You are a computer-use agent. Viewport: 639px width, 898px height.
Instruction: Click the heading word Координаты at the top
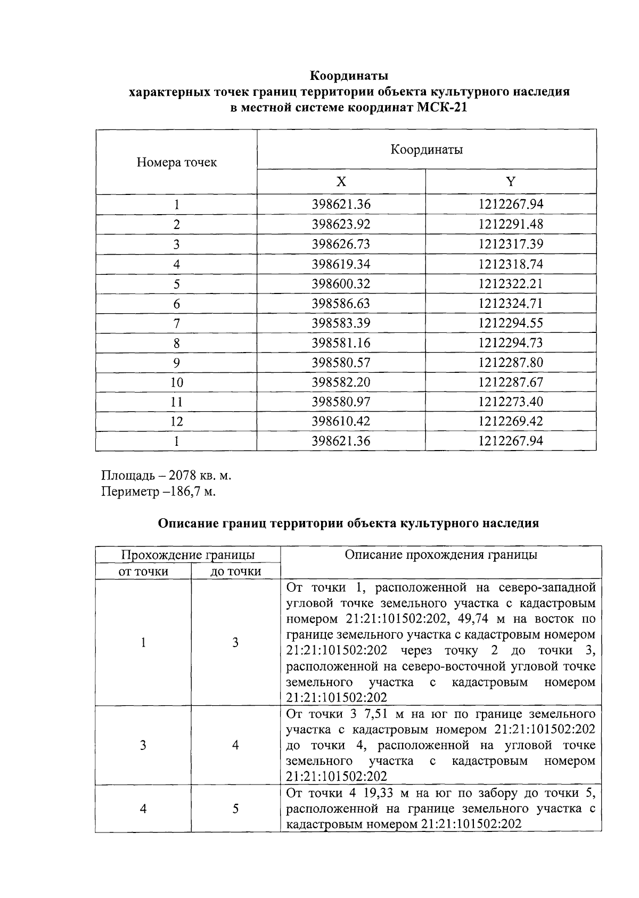click(x=349, y=75)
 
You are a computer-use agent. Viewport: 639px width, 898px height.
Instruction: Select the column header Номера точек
click(x=176, y=162)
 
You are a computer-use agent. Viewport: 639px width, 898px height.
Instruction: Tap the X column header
click(x=341, y=182)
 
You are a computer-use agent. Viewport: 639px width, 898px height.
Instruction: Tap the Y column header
click(x=510, y=182)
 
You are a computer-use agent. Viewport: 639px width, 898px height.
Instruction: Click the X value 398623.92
click(x=341, y=224)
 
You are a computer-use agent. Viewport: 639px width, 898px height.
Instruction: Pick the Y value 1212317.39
click(x=510, y=244)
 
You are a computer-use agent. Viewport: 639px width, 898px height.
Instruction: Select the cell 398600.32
click(x=341, y=284)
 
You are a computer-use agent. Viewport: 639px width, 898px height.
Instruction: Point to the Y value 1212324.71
click(x=510, y=304)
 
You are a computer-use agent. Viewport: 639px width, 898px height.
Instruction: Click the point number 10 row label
click(x=176, y=382)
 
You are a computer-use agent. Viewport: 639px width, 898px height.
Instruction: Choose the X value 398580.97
click(x=341, y=402)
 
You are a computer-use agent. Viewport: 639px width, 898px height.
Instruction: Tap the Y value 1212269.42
click(x=510, y=421)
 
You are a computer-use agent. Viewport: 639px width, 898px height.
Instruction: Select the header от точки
click(x=143, y=572)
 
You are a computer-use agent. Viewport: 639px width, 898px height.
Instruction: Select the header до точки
click(x=235, y=572)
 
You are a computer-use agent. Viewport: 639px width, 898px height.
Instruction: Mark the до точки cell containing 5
click(x=235, y=809)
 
